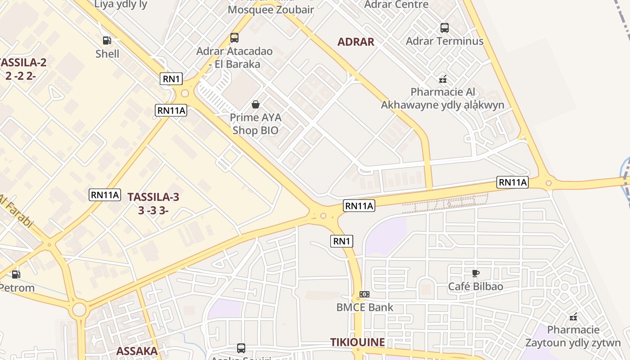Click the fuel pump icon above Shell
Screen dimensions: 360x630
coord(107,40)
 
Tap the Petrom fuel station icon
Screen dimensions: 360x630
coord(16,274)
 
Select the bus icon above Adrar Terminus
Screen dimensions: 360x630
coord(445,28)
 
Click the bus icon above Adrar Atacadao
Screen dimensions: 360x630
coord(234,38)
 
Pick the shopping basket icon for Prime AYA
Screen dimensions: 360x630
coord(256,104)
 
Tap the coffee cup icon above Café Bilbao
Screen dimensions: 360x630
coord(475,273)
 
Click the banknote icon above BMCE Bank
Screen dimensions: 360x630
coord(364,294)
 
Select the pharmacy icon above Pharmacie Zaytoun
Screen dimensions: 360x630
coord(573,317)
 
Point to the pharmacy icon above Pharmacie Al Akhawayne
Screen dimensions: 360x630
coord(443,79)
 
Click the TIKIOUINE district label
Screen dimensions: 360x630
coord(357,342)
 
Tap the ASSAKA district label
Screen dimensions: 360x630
coord(137,351)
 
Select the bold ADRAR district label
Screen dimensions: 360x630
coord(355,42)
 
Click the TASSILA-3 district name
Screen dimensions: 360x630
coord(153,197)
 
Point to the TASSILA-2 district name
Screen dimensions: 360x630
coord(23,63)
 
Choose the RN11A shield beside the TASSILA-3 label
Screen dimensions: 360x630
coord(105,195)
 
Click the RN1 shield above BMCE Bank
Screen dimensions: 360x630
coord(342,241)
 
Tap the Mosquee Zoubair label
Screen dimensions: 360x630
coord(270,9)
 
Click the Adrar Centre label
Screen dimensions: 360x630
coord(396,4)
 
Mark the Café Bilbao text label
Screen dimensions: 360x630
coord(476,287)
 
